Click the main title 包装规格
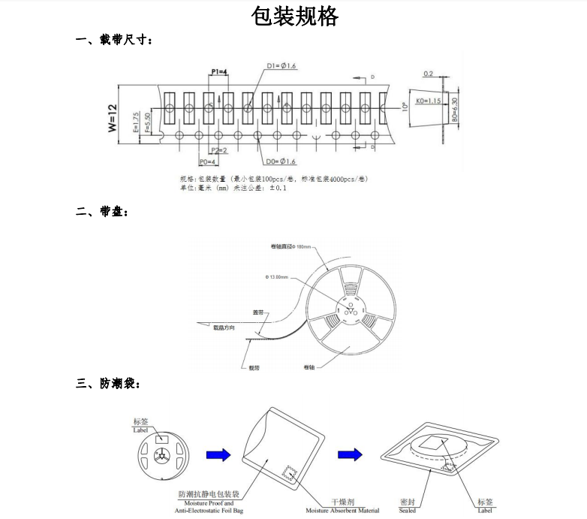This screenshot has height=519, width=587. point(294,17)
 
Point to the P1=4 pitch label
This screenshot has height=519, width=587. point(218,71)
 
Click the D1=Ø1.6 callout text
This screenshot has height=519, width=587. point(281,67)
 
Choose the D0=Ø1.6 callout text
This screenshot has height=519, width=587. point(281,161)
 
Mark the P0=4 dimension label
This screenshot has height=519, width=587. point(207,161)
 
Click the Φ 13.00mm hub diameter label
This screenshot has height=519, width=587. point(277,277)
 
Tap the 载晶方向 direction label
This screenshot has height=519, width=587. point(224,327)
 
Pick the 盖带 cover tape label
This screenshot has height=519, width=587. point(257,312)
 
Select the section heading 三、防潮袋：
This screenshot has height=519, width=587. point(108,383)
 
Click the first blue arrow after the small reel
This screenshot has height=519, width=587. point(218,455)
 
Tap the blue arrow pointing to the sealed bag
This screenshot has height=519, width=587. point(350,455)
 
